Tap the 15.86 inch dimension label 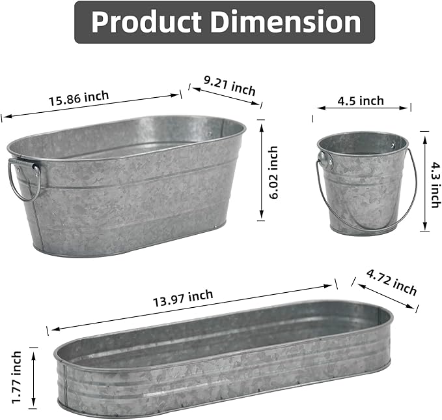(x=78, y=98)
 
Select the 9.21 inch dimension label (x=229, y=85)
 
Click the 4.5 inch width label (x=360, y=100)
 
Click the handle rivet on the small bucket (x=324, y=157)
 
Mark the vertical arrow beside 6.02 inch (x=261, y=170)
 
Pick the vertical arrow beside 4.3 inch (x=424, y=181)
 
